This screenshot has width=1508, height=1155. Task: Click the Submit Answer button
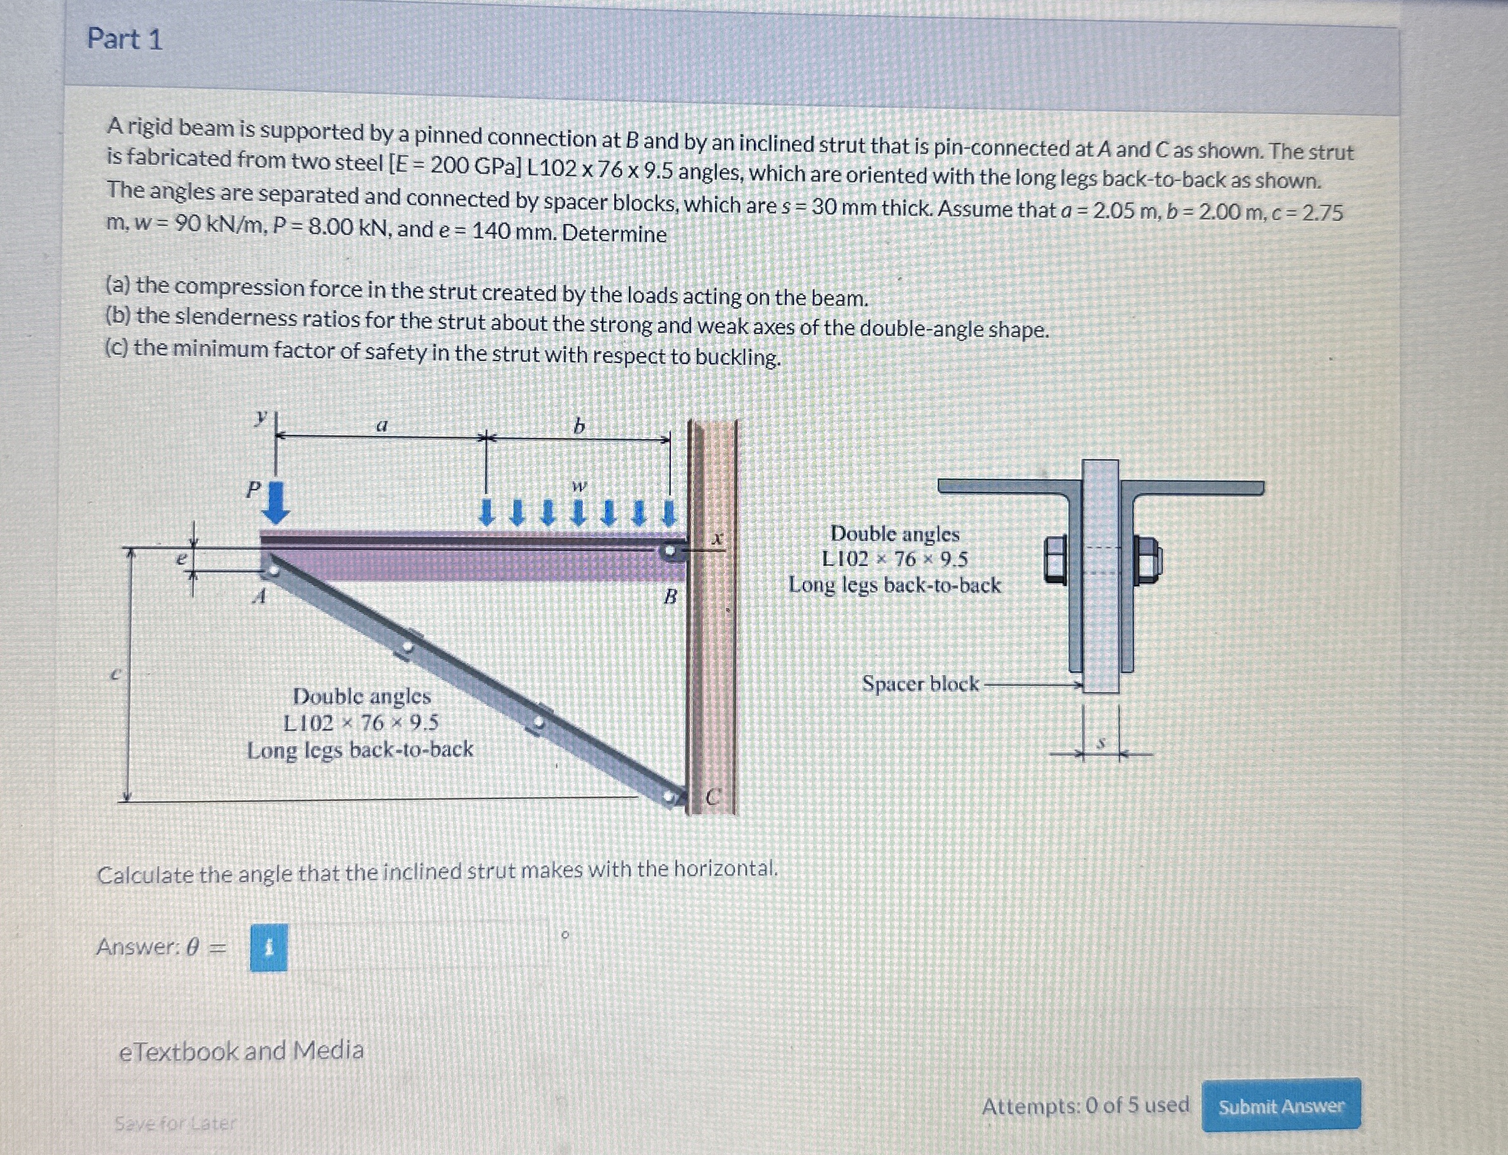point(1280,1106)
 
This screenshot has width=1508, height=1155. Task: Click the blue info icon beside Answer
point(269,948)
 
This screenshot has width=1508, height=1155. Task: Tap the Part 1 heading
point(125,39)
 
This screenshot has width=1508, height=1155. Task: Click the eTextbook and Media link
point(241,1051)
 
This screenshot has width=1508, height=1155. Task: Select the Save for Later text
point(175,1124)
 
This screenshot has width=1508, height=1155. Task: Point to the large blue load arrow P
point(276,502)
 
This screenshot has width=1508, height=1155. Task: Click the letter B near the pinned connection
point(670,596)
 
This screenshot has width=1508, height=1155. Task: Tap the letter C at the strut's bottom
point(713,798)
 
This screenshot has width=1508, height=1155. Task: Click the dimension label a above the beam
point(382,425)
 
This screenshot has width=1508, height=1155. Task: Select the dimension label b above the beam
point(579,427)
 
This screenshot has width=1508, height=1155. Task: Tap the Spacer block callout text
point(920,684)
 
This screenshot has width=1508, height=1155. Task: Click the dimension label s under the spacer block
point(1101,743)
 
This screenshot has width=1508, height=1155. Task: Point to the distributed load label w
point(580,486)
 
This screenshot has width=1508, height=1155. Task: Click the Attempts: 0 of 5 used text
point(1085,1105)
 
